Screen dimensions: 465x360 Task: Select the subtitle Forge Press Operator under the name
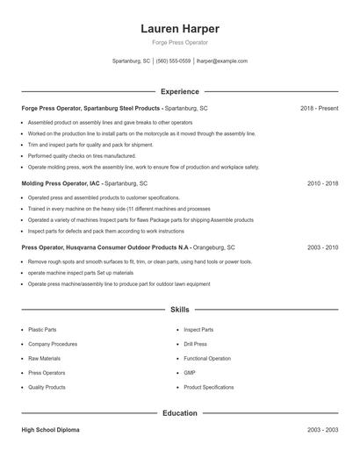click(179, 43)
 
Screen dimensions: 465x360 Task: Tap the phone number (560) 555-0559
click(174, 61)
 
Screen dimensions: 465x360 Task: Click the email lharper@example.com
click(222, 61)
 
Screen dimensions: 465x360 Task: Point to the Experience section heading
click(179, 91)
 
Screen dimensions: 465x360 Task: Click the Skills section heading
click(179, 310)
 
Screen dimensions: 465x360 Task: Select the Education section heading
click(179, 412)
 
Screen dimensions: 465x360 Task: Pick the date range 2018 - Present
click(319, 108)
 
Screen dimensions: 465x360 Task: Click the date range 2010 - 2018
click(322, 183)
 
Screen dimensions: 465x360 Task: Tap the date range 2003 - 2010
click(322, 248)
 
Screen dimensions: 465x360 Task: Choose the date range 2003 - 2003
click(322, 430)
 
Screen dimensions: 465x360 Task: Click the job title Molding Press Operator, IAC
click(61, 183)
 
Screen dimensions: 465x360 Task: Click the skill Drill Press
click(195, 344)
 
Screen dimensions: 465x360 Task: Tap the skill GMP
click(189, 373)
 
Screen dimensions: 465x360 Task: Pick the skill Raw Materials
click(44, 358)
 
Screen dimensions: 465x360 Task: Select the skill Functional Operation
click(207, 358)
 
